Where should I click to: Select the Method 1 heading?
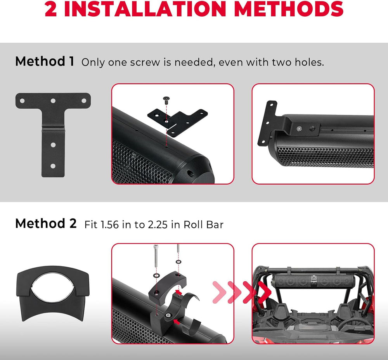coord(45,61)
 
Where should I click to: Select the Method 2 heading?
coord(46,223)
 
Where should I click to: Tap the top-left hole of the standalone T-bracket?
coord(22,100)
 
